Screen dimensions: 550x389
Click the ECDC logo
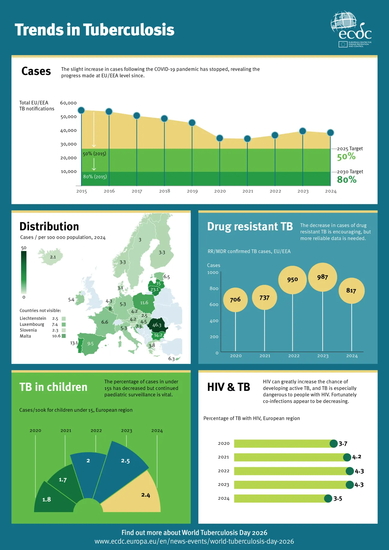click(351, 29)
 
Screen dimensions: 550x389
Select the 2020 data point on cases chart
click(220, 138)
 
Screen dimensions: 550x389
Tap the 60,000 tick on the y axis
click(68, 103)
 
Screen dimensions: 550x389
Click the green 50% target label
click(346, 157)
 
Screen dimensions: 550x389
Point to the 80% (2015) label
click(95, 177)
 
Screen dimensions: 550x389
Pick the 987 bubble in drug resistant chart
click(323, 277)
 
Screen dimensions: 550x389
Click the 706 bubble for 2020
click(235, 299)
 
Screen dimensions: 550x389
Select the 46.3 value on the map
click(157, 325)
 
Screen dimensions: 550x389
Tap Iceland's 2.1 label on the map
click(53, 257)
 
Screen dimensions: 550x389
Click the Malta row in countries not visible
click(42, 336)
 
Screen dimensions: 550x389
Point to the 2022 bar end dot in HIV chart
click(350, 471)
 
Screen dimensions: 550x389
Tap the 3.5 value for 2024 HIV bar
click(338, 499)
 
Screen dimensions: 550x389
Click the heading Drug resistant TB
click(250, 227)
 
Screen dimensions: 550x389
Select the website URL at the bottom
click(194, 542)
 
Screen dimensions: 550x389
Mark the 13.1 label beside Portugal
click(74, 343)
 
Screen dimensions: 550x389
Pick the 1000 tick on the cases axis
click(213, 272)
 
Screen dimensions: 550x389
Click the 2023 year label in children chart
click(126, 431)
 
